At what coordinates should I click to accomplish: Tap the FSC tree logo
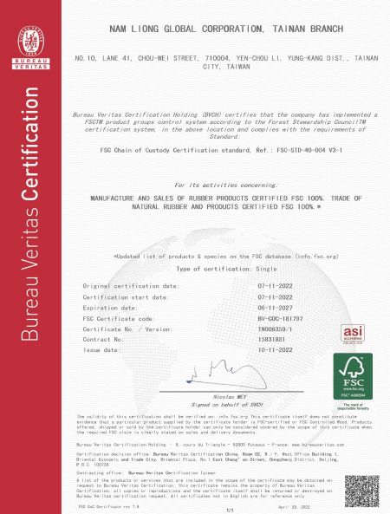tap(353, 377)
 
